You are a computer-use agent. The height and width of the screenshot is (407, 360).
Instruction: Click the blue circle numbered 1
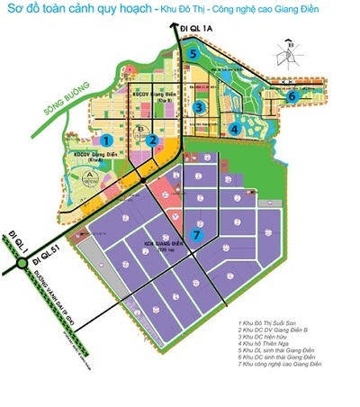[106, 140]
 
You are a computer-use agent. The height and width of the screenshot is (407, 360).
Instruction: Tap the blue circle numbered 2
[154, 140]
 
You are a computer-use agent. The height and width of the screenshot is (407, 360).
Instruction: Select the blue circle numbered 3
[197, 107]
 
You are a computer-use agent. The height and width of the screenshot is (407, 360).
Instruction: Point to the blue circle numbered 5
[194, 55]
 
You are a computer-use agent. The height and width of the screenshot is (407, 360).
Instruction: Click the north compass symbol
[288, 52]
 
